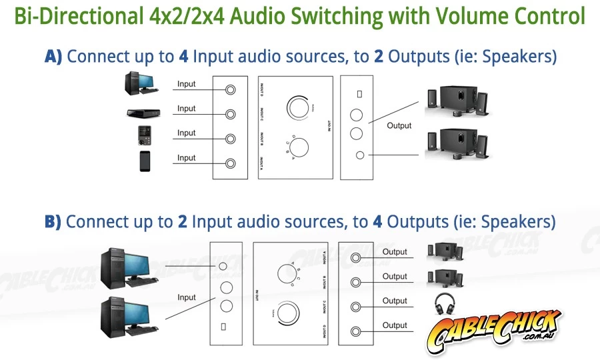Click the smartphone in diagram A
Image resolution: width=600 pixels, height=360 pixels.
click(145, 161)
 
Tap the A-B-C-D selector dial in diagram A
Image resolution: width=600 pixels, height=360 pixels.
click(298, 147)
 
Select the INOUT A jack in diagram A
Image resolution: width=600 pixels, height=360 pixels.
click(231, 163)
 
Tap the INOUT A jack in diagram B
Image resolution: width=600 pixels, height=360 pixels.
click(355, 257)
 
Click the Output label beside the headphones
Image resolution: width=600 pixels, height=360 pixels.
click(395, 301)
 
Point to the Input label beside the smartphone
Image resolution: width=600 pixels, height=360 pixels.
click(187, 158)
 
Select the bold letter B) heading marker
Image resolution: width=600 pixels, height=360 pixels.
click(53, 221)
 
